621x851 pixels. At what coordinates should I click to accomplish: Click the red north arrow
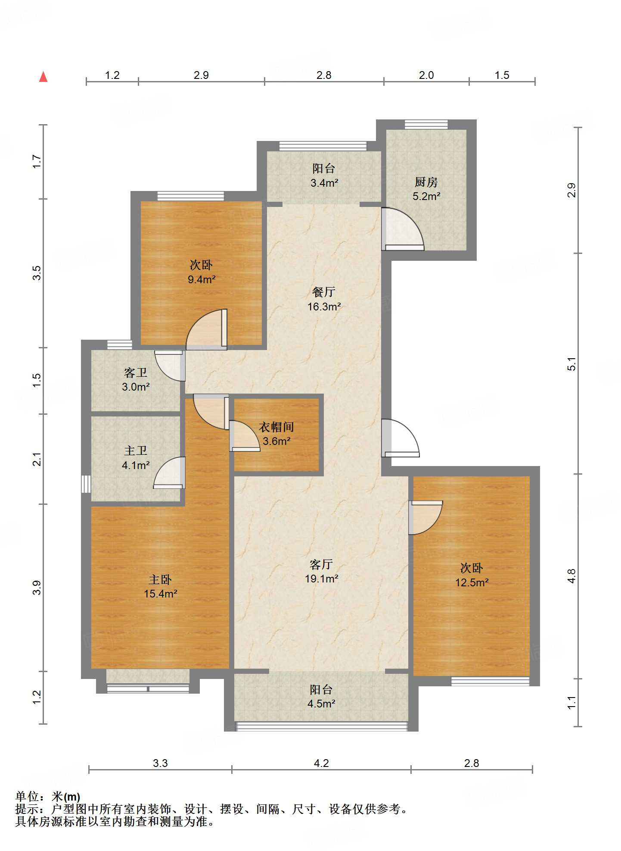(43, 77)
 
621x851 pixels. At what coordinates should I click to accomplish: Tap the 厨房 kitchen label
(426, 182)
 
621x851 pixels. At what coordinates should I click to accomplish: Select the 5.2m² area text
(426, 196)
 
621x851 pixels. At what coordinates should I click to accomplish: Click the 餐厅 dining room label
(324, 292)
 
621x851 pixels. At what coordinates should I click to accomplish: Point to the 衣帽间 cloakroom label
(276, 427)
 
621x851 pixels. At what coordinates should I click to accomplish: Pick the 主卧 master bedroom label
(160, 579)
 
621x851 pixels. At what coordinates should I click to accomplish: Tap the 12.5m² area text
(472, 582)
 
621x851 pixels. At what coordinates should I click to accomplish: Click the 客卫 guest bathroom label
(136, 372)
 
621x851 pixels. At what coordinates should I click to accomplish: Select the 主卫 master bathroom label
(136, 451)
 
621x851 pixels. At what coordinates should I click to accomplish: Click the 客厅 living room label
(321, 564)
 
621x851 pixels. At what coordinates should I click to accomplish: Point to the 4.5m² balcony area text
(321, 704)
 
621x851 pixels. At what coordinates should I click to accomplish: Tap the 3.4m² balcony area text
(324, 183)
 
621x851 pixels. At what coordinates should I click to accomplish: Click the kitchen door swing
(403, 229)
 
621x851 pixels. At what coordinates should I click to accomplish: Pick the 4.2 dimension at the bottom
(321, 763)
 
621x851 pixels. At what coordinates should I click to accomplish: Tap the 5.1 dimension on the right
(571, 364)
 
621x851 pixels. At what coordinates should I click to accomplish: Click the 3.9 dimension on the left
(37, 588)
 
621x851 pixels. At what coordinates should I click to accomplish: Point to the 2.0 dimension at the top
(426, 75)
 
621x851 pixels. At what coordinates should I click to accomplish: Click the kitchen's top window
(426, 125)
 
